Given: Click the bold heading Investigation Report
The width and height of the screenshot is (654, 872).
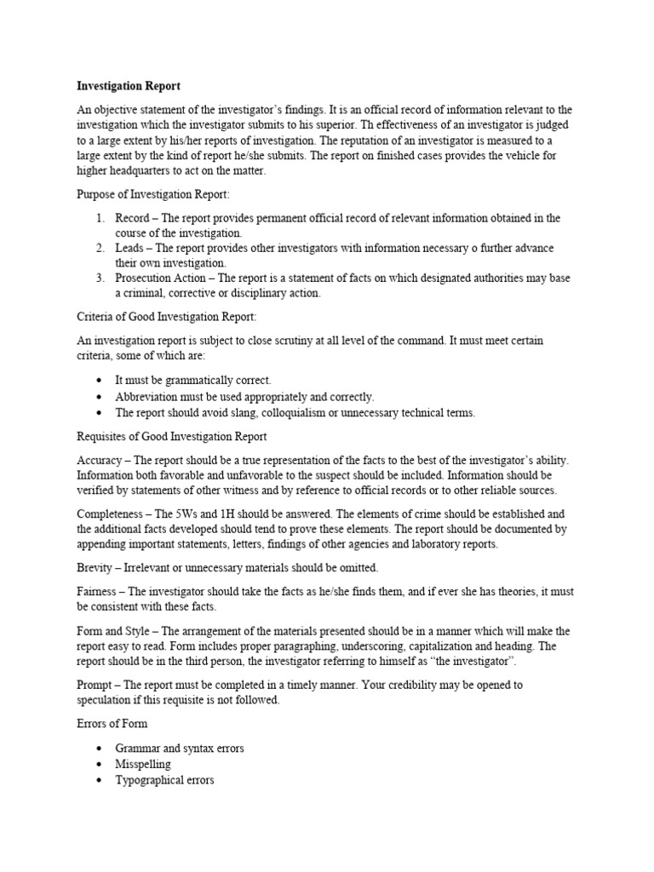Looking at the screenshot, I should [129, 86].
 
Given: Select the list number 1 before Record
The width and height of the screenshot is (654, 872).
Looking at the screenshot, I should [99, 218].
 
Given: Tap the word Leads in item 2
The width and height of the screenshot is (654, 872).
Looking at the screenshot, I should [130, 248].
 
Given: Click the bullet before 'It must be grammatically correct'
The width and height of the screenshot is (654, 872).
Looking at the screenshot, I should [100, 380].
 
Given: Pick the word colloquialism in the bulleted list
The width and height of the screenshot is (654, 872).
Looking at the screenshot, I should [308, 413].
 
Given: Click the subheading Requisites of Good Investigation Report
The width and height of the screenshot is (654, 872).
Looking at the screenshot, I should [172, 437].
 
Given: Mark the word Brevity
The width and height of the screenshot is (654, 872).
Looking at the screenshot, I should [96, 568].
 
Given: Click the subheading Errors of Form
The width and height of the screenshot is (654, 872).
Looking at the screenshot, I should [112, 724].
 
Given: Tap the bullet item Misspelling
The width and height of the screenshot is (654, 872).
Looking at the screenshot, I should [143, 764].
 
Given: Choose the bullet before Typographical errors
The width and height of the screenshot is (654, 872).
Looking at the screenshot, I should [100, 780].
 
